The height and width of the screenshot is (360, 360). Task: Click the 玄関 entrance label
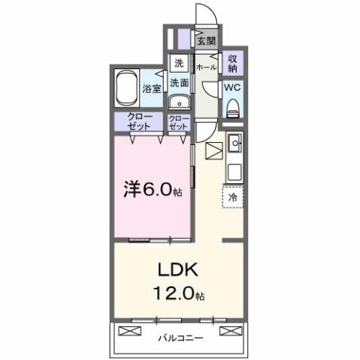tap(206, 41)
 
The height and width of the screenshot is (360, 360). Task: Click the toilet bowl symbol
tap(233, 106)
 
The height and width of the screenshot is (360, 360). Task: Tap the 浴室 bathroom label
tap(152, 89)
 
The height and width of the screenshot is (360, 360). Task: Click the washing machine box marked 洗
tap(179, 63)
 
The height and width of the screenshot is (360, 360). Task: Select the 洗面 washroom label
tap(179, 83)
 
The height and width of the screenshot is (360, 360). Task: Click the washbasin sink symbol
tap(178, 103)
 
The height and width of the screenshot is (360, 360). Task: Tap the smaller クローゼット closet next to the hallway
tap(179, 123)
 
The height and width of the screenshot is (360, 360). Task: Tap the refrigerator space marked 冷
tap(233, 197)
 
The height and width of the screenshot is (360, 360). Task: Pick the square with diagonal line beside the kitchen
tap(213, 150)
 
